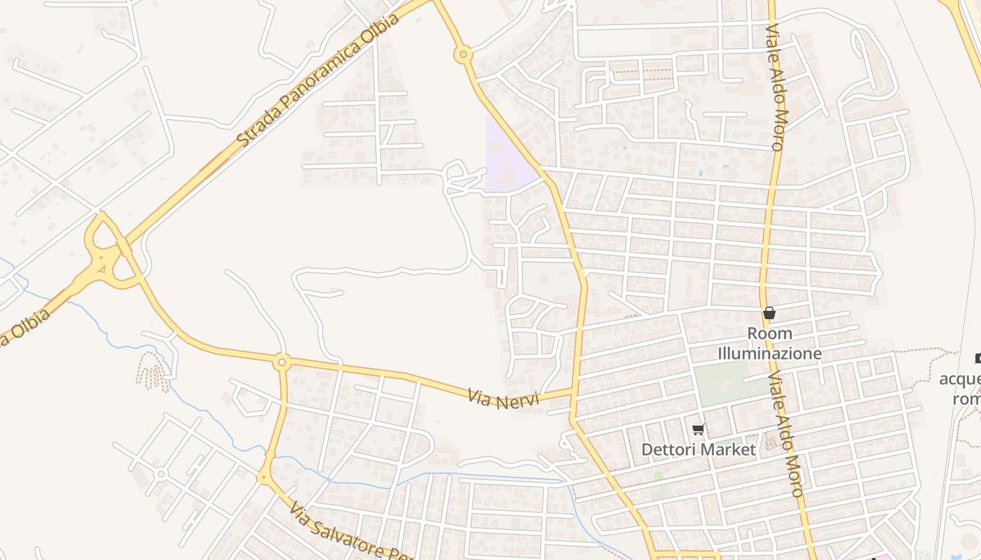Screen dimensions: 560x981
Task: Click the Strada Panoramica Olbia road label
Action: click(x=319, y=80)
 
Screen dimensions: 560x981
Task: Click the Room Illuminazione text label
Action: click(x=769, y=344)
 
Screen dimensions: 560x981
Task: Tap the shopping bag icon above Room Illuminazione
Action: click(x=769, y=313)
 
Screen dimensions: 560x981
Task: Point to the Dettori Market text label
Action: click(x=699, y=449)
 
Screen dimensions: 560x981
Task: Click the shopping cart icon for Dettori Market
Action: click(x=698, y=429)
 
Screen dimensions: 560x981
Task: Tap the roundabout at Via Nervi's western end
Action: click(x=282, y=362)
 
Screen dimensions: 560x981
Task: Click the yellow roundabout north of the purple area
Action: click(x=462, y=54)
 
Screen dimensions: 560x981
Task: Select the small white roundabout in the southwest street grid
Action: click(x=160, y=474)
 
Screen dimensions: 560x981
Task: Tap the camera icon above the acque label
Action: click(x=977, y=358)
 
